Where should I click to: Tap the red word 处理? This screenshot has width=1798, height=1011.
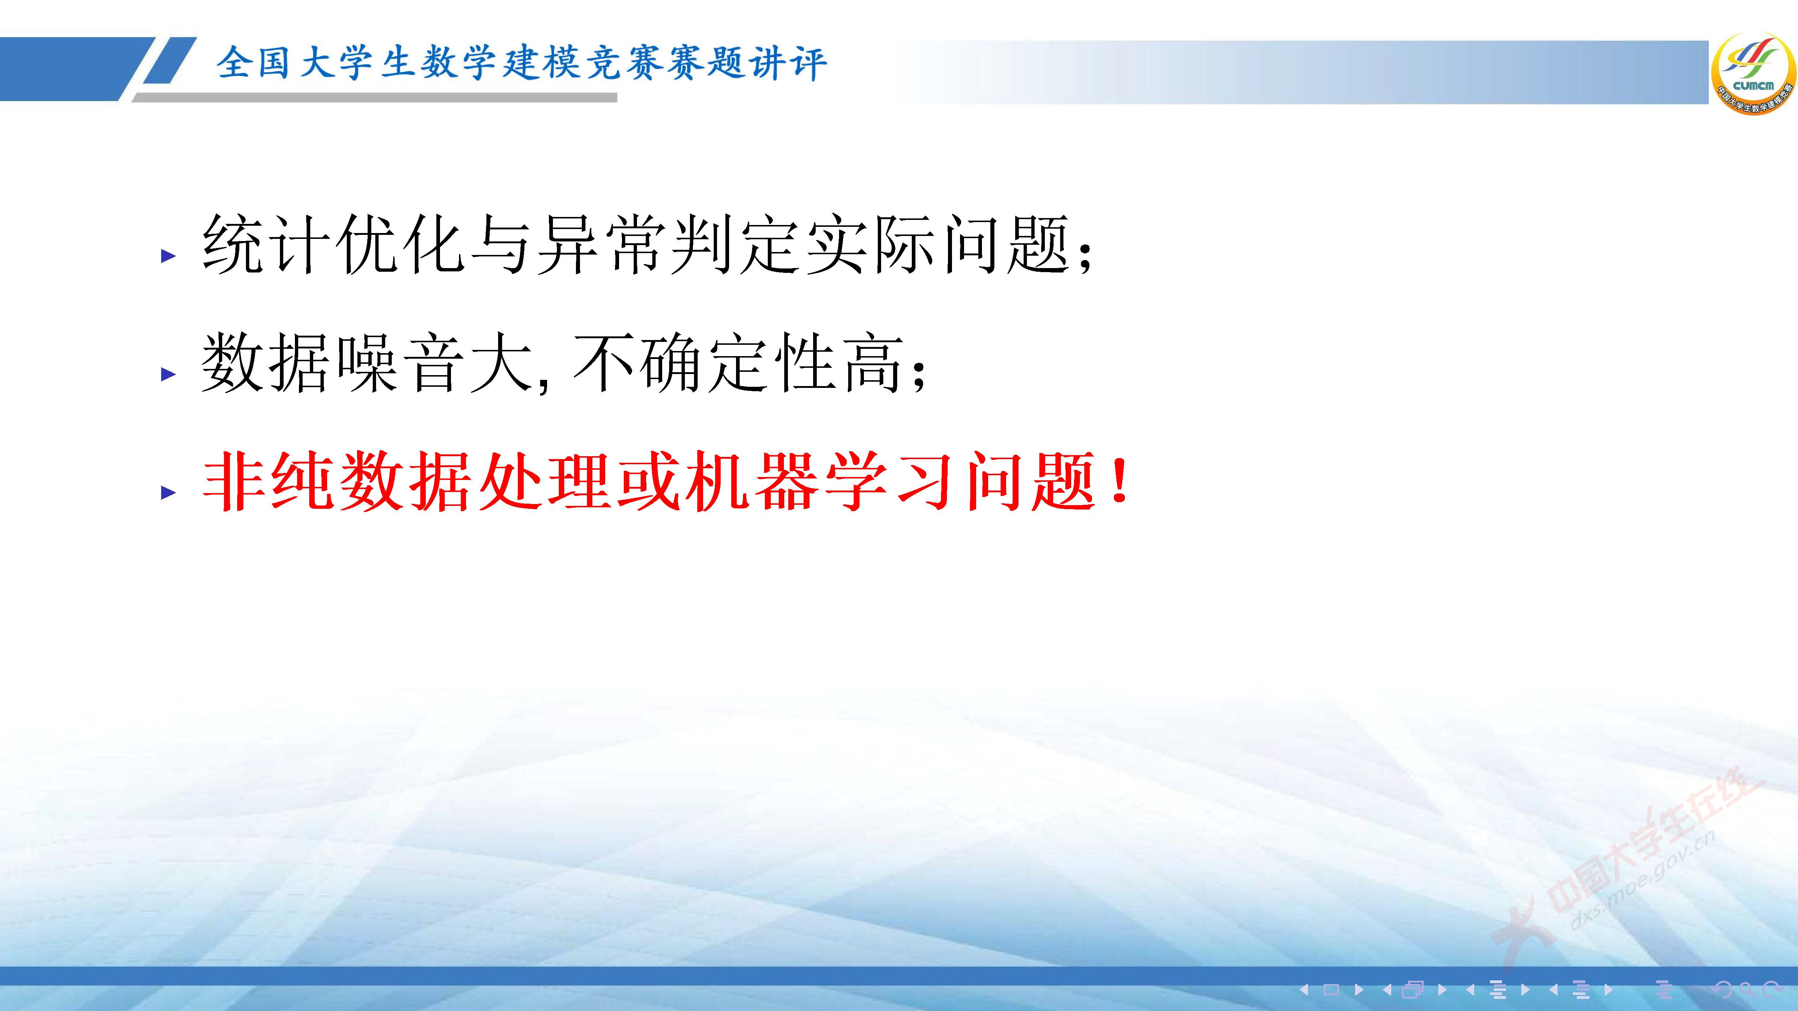545,481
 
